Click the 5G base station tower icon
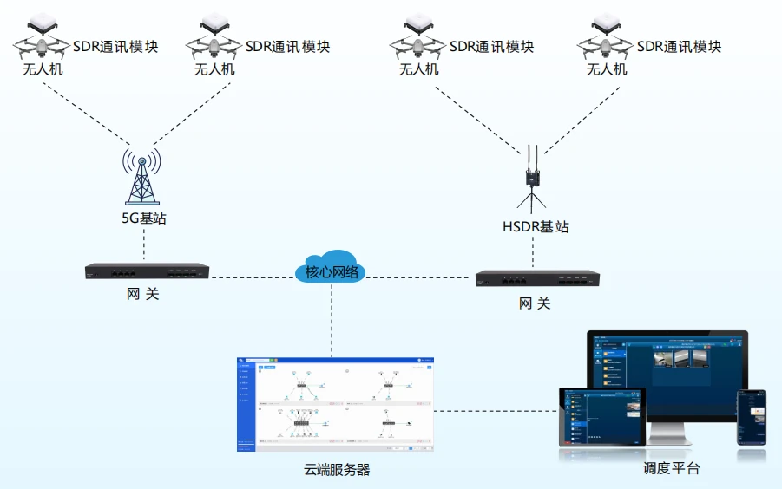coord(141,178)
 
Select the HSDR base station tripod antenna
coord(530,182)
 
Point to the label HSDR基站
coord(536,227)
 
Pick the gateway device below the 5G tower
coord(148,271)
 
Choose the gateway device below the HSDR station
coord(538,278)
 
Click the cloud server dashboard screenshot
coord(335,404)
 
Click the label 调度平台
coord(671,469)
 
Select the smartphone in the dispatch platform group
coord(752,417)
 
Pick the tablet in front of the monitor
coord(601,416)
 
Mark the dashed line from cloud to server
coord(332,321)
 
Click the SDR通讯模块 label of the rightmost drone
coord(679,47)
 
